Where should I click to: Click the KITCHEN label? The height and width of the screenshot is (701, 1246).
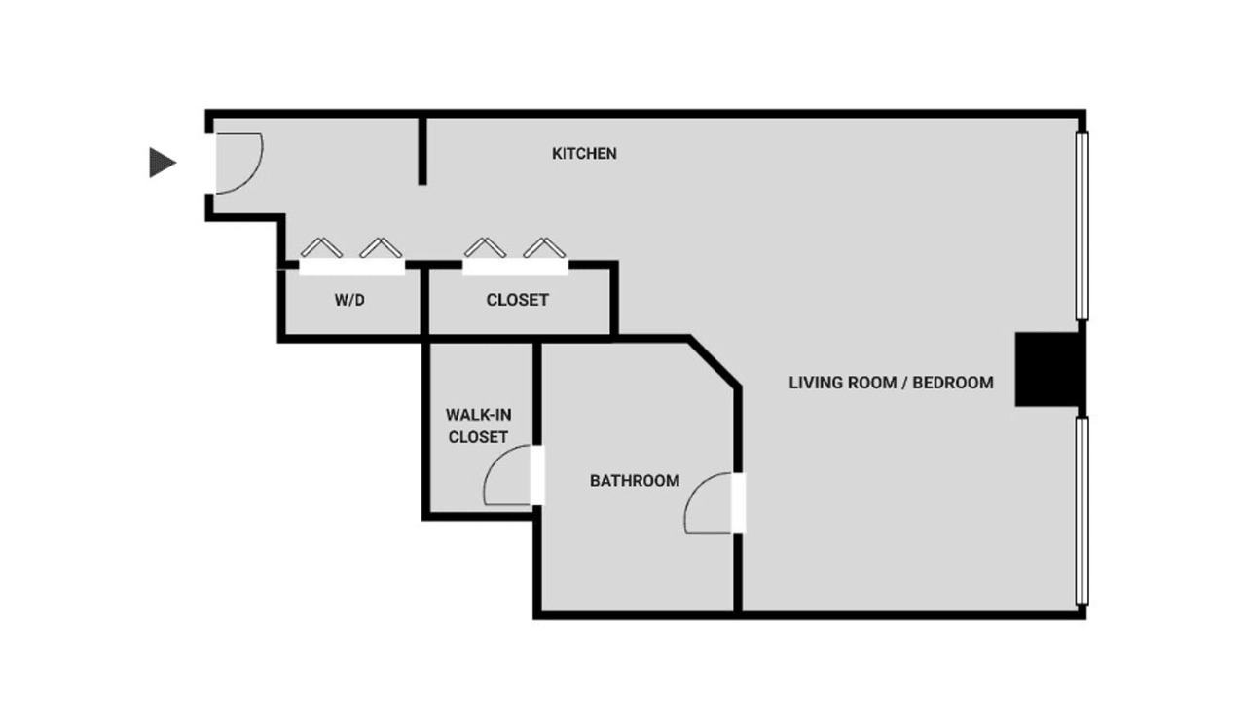584,153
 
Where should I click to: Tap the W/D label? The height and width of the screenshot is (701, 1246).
349,300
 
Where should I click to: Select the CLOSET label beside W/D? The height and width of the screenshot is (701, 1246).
517,300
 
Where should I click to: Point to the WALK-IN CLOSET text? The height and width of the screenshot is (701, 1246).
478,425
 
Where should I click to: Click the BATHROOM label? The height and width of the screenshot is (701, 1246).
635,480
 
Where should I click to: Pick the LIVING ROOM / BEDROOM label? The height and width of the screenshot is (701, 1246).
891,383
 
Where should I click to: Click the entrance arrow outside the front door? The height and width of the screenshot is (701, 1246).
162,162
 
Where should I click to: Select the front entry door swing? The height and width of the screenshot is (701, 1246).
238,162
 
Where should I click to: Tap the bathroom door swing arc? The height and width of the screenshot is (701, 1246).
710,503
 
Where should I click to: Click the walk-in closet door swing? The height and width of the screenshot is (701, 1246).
509,477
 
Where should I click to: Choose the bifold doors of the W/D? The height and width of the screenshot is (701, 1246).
350,251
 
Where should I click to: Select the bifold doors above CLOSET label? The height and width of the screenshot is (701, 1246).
515,251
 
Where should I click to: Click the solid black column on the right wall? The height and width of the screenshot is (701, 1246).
1047,369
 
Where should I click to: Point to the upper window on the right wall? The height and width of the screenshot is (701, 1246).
1081,226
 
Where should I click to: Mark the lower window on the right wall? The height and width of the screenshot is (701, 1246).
1081,511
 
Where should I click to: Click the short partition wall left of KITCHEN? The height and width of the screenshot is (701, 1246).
422,151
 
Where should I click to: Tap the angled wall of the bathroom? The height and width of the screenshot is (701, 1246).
715,362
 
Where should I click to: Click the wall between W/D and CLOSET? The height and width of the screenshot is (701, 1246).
425,302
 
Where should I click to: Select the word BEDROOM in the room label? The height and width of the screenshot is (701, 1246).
953,383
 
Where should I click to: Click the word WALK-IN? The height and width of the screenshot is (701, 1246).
478,415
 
